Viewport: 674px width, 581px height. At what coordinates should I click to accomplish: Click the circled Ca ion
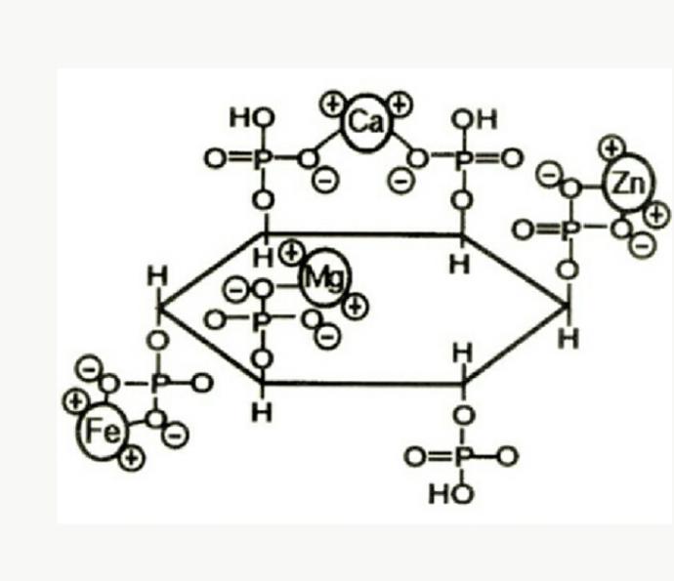(365, 123)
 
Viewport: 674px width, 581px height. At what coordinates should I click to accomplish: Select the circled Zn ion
(629, 183)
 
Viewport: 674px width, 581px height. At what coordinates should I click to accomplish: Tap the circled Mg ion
(325, 277)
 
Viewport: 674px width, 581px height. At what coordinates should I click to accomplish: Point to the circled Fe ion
(103, 431)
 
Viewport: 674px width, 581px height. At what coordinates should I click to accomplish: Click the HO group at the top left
(252, 117)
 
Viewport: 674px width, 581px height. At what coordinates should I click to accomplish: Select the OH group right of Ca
(475, 119)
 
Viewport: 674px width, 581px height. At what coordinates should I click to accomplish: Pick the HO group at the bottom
(451, 494)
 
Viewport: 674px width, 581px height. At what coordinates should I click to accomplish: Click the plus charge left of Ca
(333, 104)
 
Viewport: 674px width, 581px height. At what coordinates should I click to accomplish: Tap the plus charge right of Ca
(400, 104)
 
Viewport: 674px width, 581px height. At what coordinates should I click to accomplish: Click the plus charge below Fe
(132, 459)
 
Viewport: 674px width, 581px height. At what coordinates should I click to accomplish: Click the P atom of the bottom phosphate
(462, 456)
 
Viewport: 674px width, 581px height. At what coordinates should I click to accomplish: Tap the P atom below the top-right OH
(463, 160)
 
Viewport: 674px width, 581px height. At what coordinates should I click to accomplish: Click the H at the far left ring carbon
(157, 276)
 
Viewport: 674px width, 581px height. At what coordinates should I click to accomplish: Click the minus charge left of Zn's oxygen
(549, 176)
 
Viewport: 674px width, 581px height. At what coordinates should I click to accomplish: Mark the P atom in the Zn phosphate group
(570, 229)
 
